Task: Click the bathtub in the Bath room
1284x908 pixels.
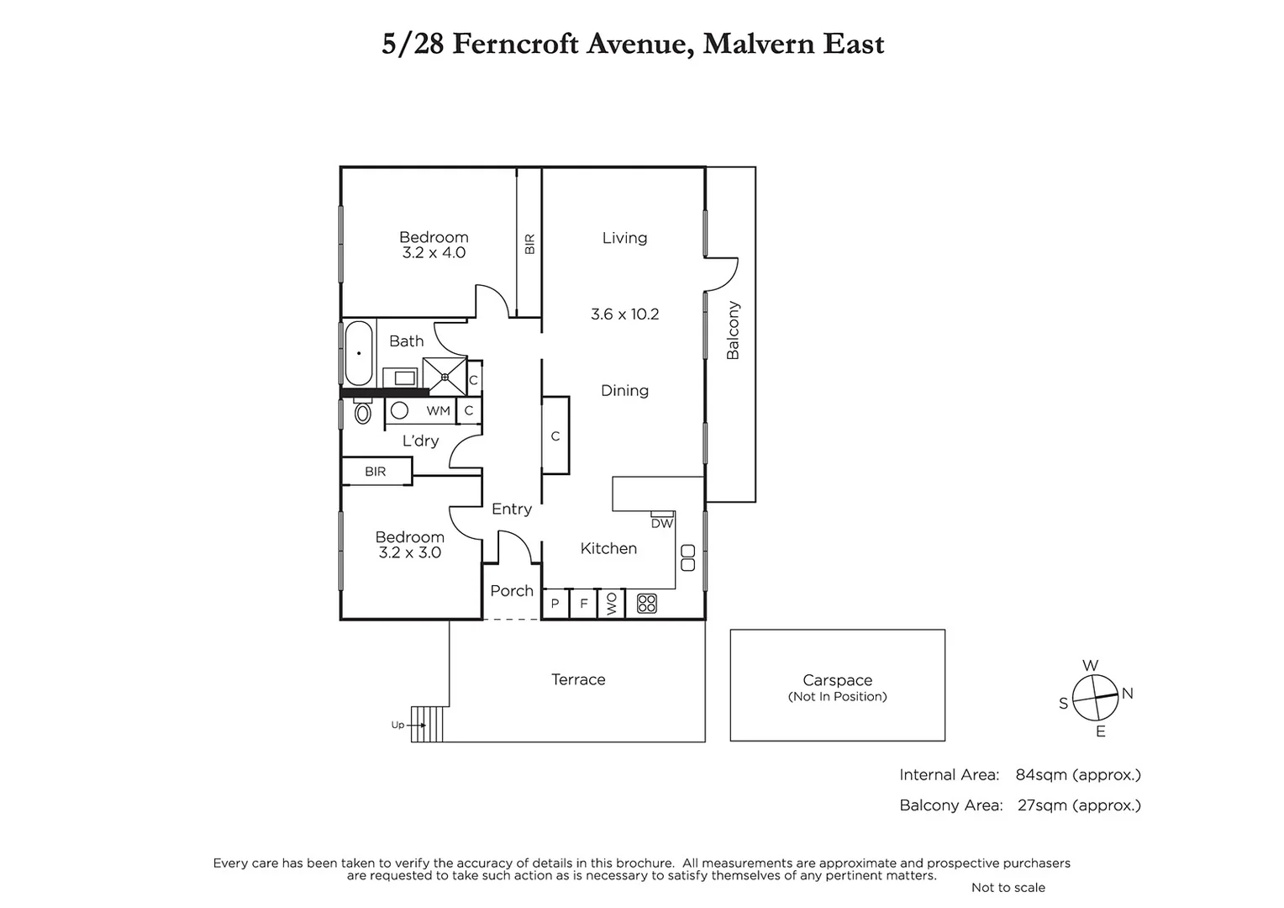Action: [359, 353]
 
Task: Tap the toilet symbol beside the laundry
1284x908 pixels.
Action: [363, 412]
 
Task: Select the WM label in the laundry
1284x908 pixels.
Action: [438, 411]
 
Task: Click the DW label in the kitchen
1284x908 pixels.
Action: [662, 523]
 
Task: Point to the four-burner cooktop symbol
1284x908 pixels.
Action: [646, 603]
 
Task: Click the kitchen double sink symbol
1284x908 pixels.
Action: [688, 558]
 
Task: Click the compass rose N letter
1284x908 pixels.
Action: [1128, 694]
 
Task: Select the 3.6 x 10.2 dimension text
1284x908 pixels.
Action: [624, 314]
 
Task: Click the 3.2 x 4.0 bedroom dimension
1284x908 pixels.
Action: [434, 252]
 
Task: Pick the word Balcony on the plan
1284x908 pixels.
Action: [733, 330]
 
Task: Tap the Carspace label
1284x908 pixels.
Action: [837, 680]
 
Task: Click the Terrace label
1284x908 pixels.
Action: [578, 679]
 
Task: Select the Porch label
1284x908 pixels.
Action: [512, 591]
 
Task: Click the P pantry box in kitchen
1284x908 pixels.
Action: [555, 604]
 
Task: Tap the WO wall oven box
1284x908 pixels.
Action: [611, 604]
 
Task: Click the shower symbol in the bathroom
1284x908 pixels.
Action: [444, 376]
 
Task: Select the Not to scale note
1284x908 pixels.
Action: [1008, 887]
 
